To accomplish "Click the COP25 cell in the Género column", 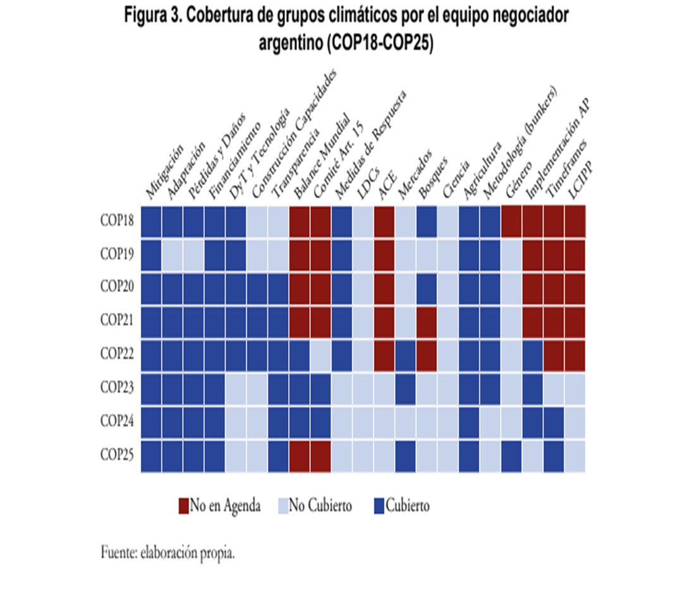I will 511,456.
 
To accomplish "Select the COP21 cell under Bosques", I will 427,322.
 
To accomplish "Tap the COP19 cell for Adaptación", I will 172,255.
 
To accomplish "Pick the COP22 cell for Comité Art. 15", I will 321,355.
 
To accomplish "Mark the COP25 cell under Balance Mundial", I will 300,456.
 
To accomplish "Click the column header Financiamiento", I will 233,164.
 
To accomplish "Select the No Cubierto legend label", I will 320,505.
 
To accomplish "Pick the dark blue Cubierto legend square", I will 379,505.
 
